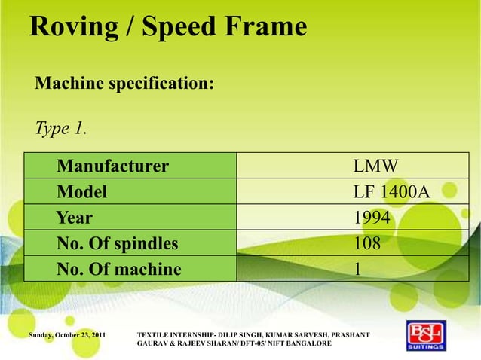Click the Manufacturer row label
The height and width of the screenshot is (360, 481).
coord(112,166)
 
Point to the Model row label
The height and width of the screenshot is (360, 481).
coord(81,192)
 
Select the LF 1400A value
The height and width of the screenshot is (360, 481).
coord(391,192)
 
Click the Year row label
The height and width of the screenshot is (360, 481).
coord(75,218)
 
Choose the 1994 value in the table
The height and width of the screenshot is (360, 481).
coord(372,218)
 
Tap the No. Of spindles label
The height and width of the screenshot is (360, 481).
coord(117,243)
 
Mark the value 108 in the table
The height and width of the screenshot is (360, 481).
coord(367,243)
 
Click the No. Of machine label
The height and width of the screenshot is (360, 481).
coord(118,269)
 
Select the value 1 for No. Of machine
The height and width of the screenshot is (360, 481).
coord(358,269)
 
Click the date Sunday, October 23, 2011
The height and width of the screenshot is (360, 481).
coord(67,333)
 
